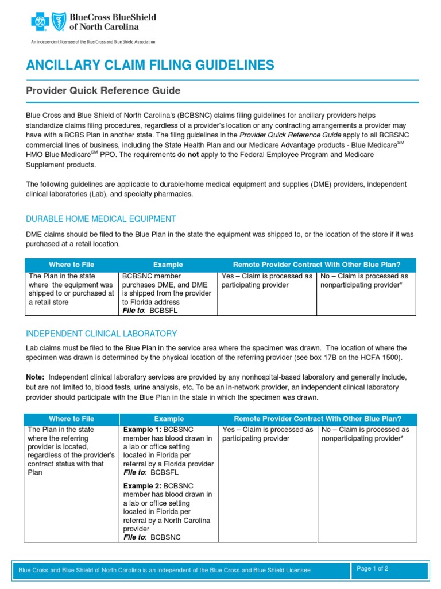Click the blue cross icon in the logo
[x=40, y=22]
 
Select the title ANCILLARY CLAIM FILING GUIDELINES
[x=150, y=64]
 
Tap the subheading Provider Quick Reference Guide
[x=103, y=91]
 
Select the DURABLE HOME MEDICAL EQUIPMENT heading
[x=101, y=219]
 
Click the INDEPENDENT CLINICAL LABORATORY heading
[x=102, y=334]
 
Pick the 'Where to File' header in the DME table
[x=72, y=265]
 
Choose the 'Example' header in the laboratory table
[x=169, y=419]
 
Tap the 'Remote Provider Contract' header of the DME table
[x=316, y=265]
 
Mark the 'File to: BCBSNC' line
[x=152, y=537]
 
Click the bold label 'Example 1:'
[x=142, y=430]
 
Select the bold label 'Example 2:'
[x=142, y=486]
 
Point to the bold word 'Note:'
[x=36, y=377]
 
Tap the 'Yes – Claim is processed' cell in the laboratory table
[x=268, y=434]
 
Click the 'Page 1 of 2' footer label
[x=373, y=568]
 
